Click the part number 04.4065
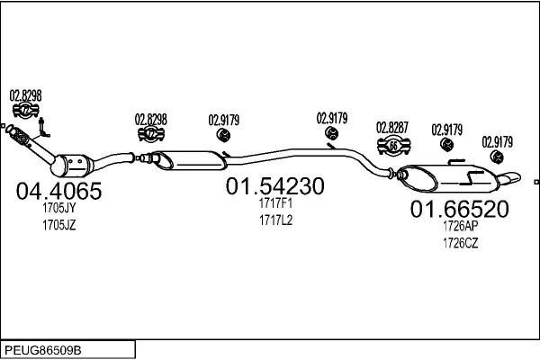[59, 191]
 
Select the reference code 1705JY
[58, 210]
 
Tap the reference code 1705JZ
[58, 225]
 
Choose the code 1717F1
[275, 203]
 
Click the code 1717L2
[275, 219]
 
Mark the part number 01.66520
[460, 210]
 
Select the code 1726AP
[459, 228]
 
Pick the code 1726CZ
[459, 242]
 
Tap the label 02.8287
[393, 127]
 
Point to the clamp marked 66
[394, 146]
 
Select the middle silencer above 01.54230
[193, 159]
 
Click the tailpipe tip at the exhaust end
[510, 175]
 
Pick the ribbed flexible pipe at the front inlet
[20, 138]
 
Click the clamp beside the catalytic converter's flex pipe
[26, 111]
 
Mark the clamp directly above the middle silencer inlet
[150, 134]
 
